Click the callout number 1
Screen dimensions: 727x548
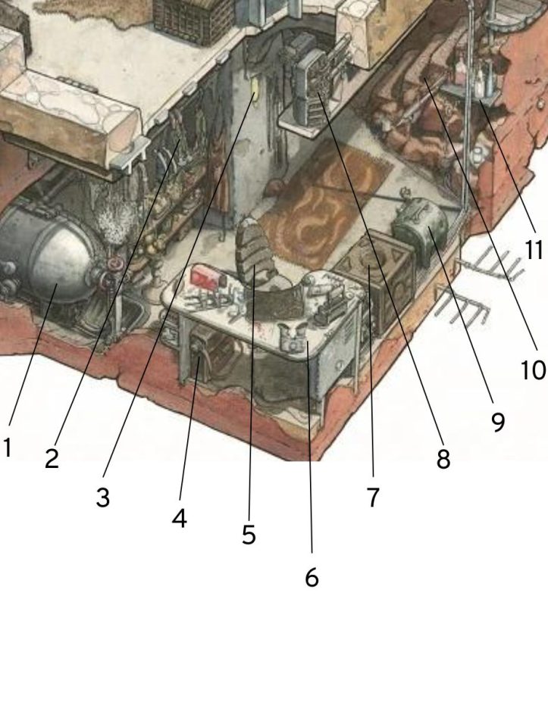(x=7, y=448)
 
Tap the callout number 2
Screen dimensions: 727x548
(x=52, y=459)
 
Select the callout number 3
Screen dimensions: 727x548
(x=103, y=498)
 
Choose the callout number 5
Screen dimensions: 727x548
(x=249, y=535)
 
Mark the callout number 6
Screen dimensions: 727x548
(x=312, y=578)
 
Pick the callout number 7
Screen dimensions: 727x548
(x=372, y=498)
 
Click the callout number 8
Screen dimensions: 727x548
(x=443, y=459)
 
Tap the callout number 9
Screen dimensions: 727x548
(x=497, y=422)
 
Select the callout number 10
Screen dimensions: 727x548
(x=533, y=370)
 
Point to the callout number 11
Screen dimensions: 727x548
(x=534, y=250)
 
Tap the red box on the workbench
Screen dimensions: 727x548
(x=205, y=277)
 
